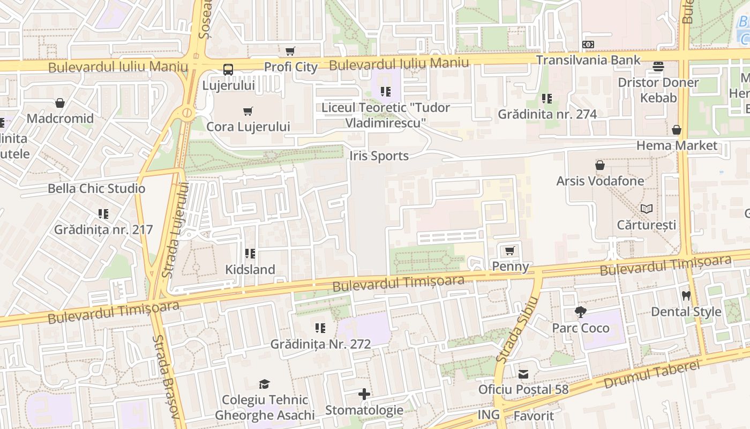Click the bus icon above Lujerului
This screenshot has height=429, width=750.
228,69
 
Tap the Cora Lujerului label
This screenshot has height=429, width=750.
248,127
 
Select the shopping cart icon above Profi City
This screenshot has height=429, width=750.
290,51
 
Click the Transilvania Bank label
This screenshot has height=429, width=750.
588,60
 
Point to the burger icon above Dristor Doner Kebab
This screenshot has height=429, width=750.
658,66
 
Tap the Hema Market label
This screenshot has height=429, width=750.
677,145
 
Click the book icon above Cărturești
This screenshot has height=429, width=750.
647,209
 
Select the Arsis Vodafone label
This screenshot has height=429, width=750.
600,181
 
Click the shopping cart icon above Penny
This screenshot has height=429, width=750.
509,250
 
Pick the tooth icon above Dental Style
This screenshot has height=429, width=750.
686,295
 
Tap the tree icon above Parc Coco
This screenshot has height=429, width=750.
580,312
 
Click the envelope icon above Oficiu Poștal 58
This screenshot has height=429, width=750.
523,374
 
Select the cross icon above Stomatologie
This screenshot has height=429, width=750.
364,395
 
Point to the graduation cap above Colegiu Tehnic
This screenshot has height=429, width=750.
264,384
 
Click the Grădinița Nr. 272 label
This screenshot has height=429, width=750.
320,344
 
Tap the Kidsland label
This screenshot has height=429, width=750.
250,269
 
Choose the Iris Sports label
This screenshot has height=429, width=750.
379,156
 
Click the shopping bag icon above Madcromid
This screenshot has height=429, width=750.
60,103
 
